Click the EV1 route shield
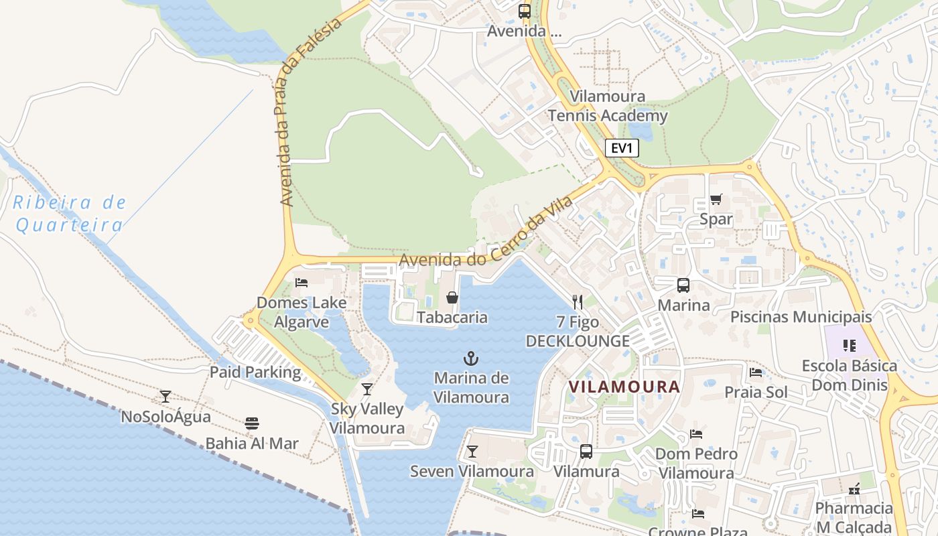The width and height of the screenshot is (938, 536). tap(621, 148)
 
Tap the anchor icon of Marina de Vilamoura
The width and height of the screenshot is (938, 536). tap(472, 358)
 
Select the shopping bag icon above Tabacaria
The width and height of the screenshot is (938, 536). tap(452, 297)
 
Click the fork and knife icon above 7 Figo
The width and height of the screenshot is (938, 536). tap(578, 302)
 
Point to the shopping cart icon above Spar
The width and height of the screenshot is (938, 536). tap(716, 199)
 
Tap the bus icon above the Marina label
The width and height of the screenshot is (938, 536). tap(683, 285)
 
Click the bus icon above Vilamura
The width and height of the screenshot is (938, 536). tap(586, 452)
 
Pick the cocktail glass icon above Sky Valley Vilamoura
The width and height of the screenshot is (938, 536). tap(366, 389)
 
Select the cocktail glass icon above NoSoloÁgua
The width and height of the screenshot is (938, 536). tap(165, 396)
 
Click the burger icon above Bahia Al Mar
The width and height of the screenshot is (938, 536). tap(252, 423)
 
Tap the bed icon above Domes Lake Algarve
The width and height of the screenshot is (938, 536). tap(301, 282)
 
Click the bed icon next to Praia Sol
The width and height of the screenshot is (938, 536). tap(756, 373)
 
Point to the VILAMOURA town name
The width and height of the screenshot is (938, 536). tap(624, 387)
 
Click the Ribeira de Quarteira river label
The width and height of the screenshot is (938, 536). tap(70, 213)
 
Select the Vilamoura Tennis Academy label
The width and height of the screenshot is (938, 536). tap(608, 106)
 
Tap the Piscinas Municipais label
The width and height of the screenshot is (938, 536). tap(801, 316)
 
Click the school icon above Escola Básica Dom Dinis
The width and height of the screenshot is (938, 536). tap(850, 346)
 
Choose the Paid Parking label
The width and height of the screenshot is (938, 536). tap(255, 372)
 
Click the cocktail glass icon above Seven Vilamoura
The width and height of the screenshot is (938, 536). tap(472, 451)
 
